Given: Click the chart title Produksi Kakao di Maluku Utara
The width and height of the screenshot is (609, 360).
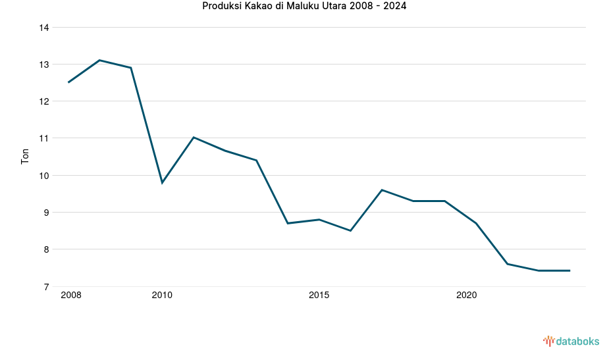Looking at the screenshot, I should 304,7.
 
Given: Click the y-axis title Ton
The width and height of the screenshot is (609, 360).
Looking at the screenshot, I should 25,157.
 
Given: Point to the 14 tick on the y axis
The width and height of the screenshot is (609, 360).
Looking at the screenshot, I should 44,28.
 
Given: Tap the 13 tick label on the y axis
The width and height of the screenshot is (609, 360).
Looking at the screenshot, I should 44,64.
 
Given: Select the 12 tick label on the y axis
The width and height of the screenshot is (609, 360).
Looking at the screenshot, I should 44,101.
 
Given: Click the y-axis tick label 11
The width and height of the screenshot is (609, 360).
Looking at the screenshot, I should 44,138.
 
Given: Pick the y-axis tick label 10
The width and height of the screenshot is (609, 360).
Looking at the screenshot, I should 44,176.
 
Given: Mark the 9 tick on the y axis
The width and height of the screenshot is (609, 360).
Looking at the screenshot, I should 47,213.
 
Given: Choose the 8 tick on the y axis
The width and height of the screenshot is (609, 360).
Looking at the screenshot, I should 47,249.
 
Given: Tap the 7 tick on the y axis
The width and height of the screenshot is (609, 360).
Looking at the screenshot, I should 47,287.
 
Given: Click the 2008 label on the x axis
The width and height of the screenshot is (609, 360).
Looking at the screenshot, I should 70,296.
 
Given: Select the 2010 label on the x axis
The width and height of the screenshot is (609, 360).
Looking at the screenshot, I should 162,296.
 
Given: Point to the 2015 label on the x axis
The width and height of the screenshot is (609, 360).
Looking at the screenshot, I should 319,296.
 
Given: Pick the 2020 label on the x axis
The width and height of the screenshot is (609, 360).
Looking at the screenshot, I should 466,296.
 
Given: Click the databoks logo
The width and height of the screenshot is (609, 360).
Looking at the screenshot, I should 571,341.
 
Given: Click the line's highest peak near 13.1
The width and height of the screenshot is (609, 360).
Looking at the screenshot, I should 99,60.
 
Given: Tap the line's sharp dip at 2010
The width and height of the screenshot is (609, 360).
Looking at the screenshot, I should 162,182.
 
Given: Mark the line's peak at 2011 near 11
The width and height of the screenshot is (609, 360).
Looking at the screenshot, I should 194,137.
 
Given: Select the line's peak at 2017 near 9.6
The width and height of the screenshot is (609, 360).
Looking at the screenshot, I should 382,190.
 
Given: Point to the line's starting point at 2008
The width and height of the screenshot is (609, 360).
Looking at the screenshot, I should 68,82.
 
